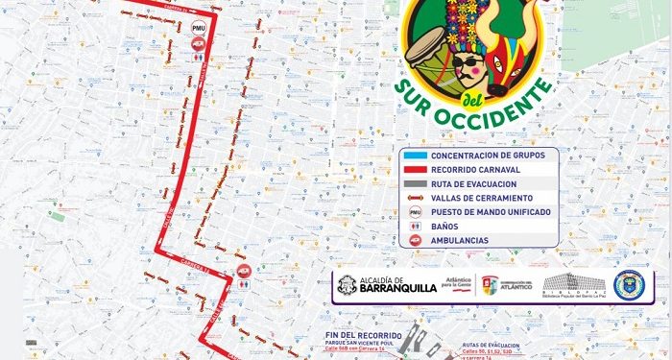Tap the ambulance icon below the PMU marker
198,55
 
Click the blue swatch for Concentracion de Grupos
414,155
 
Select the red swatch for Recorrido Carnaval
414,169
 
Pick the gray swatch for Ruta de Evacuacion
414,182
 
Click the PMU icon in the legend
415,211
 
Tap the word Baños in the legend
444,226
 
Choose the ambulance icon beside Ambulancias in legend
415,241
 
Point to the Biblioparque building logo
575,284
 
